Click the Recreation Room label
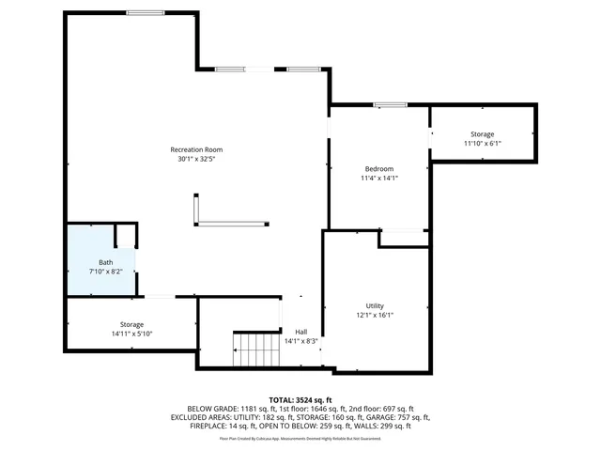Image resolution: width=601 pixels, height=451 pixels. (196, 149)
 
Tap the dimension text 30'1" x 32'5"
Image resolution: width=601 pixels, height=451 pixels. (196, 159)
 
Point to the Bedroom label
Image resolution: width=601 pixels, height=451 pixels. (379, 168)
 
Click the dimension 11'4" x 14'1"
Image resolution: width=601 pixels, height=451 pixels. (379, 178)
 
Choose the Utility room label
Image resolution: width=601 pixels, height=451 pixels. (375, 306)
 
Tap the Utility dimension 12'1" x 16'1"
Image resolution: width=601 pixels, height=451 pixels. (375, 316)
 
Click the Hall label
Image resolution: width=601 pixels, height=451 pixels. (301, 332)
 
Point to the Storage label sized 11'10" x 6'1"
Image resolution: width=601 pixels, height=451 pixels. (483, 134)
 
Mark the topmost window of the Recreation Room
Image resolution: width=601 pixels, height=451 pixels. (146, 12)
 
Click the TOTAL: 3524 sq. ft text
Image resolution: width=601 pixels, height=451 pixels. (300, 400)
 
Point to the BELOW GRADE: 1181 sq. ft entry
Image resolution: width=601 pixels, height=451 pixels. (226, 409)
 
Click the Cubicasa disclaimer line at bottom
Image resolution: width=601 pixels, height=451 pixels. (300, 438)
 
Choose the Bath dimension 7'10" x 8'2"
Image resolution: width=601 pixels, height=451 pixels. (106, 272)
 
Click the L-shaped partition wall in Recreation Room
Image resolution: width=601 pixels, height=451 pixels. (225, 224)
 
